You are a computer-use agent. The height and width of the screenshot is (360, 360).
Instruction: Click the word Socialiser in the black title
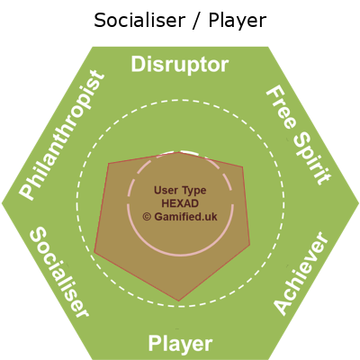139,21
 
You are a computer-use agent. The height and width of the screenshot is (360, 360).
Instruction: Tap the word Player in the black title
238,22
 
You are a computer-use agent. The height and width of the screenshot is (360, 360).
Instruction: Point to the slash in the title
196,21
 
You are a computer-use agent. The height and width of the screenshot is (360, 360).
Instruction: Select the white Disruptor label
180,65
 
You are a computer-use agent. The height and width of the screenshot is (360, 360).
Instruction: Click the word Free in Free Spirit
282,108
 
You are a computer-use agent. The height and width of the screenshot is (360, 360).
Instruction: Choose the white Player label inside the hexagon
180,344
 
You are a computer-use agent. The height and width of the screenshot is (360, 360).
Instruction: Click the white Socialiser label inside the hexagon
59,272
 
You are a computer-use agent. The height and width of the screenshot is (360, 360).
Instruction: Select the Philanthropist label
62,135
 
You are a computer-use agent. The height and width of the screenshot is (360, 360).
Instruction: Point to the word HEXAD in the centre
180,203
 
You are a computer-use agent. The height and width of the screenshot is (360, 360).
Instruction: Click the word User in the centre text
164,190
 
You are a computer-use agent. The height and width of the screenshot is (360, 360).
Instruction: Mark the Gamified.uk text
185,217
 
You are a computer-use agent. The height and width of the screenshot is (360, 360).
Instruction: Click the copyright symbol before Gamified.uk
147,217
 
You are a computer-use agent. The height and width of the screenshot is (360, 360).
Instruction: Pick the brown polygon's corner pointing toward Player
179,301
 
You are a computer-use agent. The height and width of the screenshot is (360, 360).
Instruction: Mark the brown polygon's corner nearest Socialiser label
94,252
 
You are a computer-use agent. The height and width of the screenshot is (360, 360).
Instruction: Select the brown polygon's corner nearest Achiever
250,244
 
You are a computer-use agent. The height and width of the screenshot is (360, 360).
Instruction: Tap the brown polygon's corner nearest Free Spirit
242,166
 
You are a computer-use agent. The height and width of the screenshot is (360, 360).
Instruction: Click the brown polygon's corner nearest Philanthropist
108,163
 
